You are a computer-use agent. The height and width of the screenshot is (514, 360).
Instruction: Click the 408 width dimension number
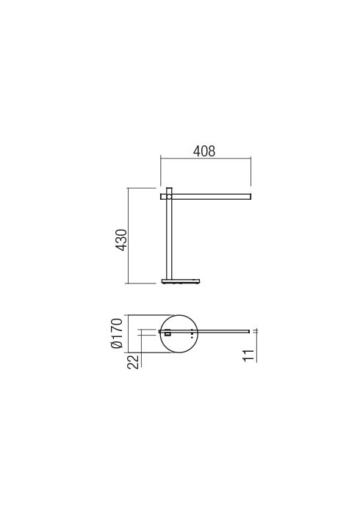coord(204,151)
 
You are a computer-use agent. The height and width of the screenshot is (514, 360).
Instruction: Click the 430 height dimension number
coord(122,239)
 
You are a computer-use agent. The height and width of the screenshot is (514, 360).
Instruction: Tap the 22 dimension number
coord(134,361)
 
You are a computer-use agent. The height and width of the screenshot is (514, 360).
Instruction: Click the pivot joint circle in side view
coord(168,197)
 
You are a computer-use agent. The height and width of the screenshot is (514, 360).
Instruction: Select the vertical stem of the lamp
coord(168,242)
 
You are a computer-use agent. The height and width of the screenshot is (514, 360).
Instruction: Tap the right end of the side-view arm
coord(249,197)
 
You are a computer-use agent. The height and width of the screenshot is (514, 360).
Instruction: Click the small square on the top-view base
coord(168,335)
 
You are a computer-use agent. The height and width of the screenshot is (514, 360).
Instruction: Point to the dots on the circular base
coord(192,333)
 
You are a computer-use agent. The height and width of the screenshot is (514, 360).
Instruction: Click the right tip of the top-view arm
coord(248,331)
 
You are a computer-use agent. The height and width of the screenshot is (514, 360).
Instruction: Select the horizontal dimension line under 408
coord(206,160)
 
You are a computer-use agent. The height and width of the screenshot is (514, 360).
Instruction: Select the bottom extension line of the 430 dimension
coord(143,283)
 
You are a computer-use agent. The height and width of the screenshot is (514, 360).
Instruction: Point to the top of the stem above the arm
coord(168,189)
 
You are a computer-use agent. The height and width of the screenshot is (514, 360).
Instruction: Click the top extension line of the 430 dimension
coord(143,188)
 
